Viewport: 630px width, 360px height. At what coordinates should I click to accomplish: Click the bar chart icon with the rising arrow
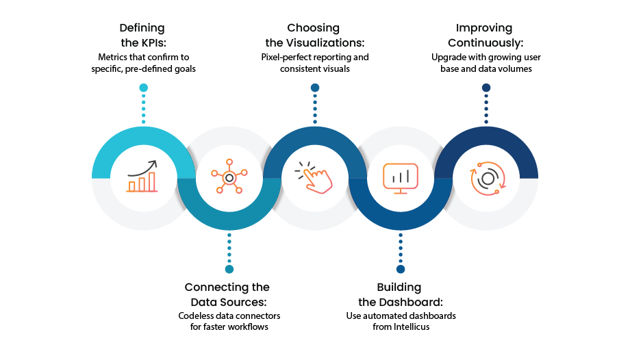click(x=142, y=176)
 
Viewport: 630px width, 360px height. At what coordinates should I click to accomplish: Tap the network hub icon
click(x=229, y=177)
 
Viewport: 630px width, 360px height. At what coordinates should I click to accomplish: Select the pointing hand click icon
click(x=314, y=177)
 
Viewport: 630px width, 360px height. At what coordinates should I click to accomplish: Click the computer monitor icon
click(x=400, y=179)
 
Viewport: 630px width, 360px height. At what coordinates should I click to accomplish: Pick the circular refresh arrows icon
click(x=488, y=179)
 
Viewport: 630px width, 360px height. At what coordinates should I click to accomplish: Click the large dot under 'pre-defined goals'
click(x=143, y=88)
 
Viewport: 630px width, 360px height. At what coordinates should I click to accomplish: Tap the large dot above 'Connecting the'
click(x=229, y=269)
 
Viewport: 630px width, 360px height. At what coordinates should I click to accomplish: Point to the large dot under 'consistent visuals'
click(x=315, y=88)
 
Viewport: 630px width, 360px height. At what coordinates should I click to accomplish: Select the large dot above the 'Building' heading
click(x=401, y=269)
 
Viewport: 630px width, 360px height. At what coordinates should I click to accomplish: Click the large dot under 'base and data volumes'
click(x=486, y=88)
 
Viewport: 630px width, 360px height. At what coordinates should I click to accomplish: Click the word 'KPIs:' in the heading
click(x=154, y=42)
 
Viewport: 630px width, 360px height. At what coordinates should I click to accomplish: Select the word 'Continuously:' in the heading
click(x=486, y=43)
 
